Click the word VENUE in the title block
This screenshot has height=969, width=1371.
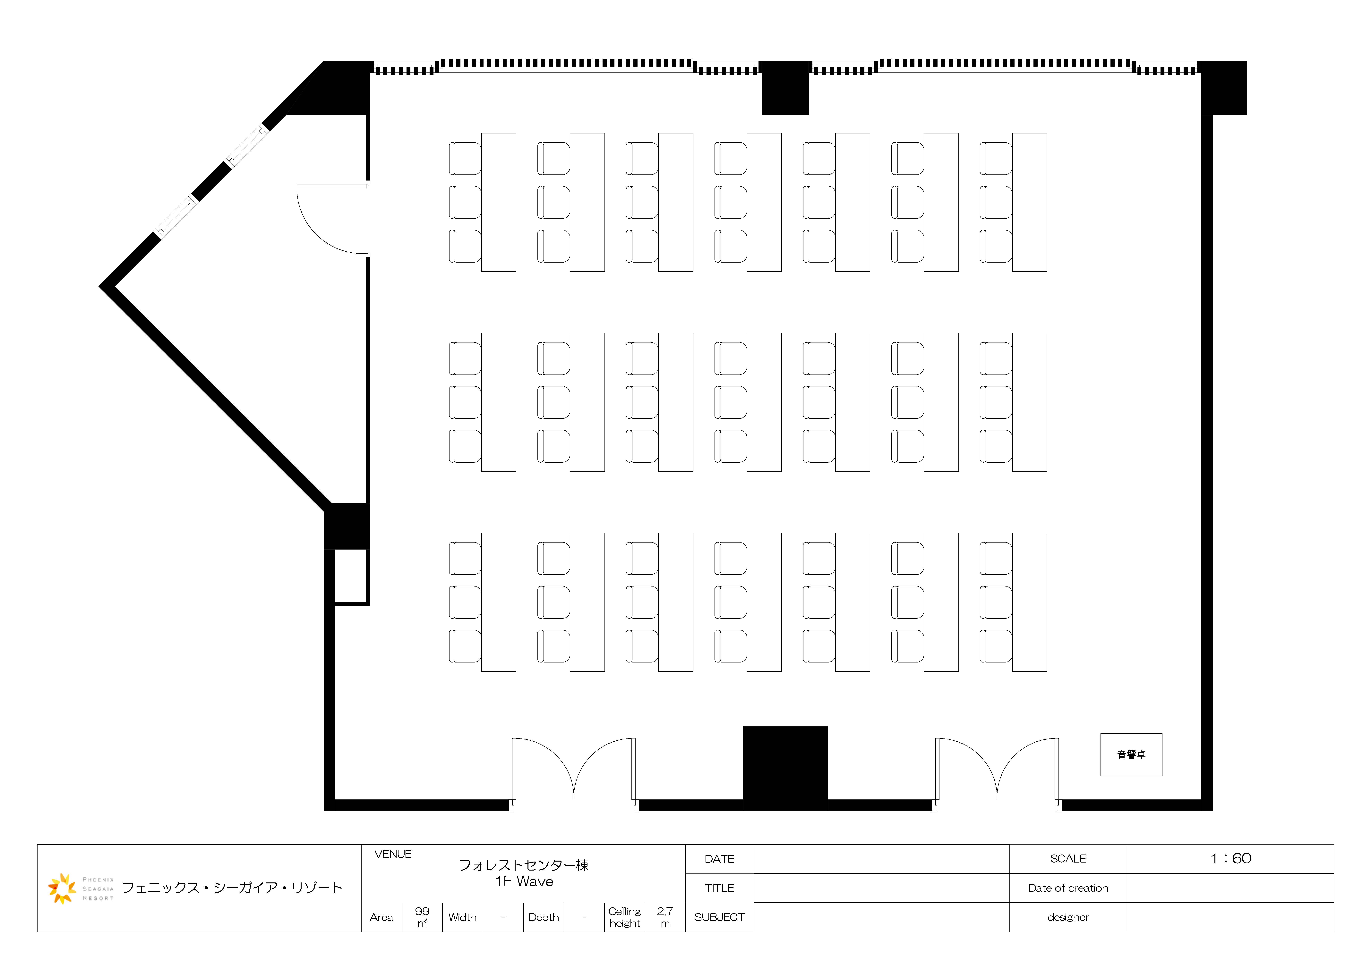393,854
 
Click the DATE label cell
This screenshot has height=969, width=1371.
720,859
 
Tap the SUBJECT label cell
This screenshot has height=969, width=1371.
720,917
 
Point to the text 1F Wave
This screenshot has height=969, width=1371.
524,881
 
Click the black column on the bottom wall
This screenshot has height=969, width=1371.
785,768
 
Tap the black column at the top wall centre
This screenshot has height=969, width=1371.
785,88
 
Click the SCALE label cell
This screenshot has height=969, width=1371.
1068,859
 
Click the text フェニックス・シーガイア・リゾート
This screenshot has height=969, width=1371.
232,888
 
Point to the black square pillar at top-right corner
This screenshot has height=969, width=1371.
1222,88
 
